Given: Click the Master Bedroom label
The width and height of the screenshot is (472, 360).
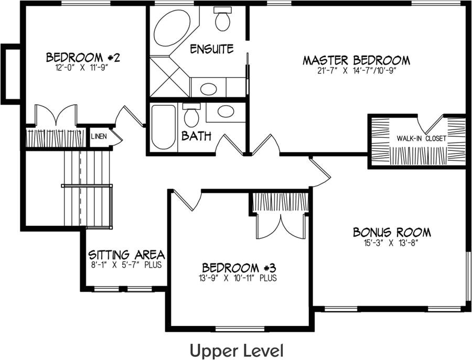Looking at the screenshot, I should click(356, 60).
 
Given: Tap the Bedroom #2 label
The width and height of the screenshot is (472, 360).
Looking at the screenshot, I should click(83, 57).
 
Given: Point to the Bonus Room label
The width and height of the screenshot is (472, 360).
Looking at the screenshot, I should click(391, 232).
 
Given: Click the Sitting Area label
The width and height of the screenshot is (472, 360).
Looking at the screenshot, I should click(126, 255).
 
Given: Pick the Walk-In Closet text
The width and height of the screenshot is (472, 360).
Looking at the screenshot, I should click(421, 139).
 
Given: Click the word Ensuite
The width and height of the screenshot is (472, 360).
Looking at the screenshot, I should click(211, 49).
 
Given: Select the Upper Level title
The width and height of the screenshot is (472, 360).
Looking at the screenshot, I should click(237, 350).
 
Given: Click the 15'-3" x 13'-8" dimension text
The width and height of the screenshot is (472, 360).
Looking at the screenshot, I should click(391, 243).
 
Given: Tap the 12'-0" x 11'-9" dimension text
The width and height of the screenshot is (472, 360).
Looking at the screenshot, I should click(83, 67).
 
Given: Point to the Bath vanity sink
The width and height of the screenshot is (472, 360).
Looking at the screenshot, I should click(226, 111).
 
